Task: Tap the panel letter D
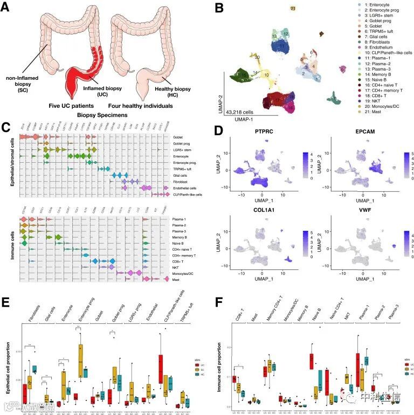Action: pyautogui.click(x=218, y=132)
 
